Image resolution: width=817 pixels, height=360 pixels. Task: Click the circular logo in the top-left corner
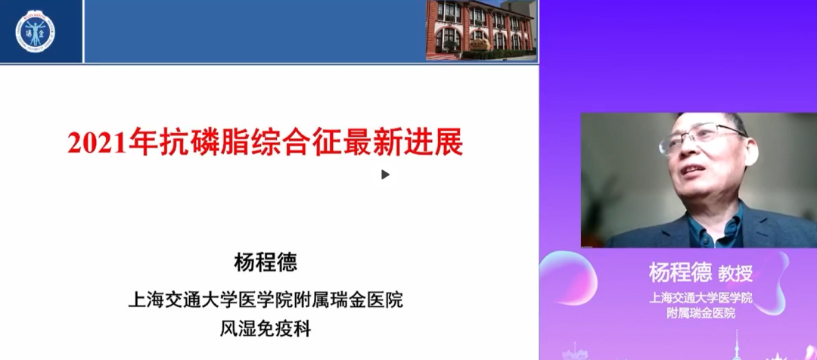coord(35,31)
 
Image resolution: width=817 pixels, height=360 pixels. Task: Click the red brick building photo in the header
coord(481,29)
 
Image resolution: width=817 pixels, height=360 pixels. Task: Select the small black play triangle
coord(385,175)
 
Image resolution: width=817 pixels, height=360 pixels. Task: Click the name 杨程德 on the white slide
coord(266,263)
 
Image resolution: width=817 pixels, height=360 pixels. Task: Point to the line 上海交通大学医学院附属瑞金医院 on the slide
coord(266,299)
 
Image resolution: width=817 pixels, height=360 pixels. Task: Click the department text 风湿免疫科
coord(266,329)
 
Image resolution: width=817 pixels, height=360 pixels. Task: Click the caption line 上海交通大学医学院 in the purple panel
coord(701,297)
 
